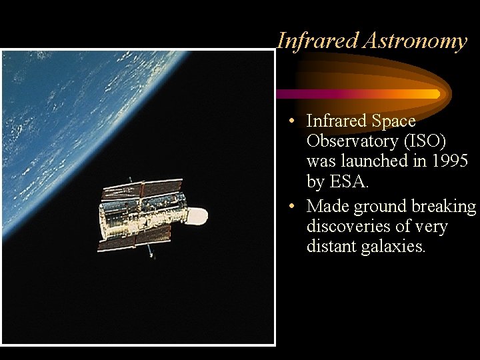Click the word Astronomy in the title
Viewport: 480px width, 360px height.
pyautogui.click(x=415, y=41)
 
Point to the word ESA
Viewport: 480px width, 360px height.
pyautogui.click(x=347, y=181)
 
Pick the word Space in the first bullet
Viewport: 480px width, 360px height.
pyautogui.click(x=393, y=121)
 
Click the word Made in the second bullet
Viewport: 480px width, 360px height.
pyautogui.click(x=327, y=207)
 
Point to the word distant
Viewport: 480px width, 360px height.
pyautogui.click(x=331, y=247)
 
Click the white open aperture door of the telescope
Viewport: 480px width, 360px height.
pyautogui.click(x=197, y=216)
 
